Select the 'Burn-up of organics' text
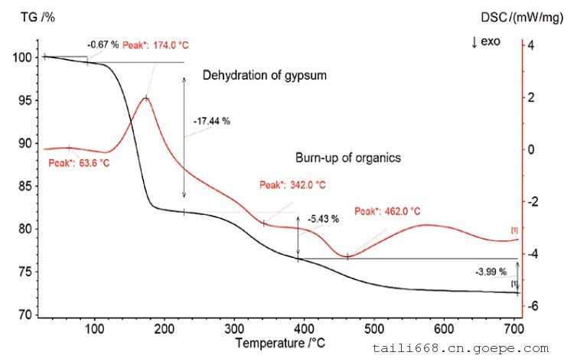(348, 158)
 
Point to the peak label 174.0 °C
(155, 46)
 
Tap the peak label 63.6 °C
(80, 162)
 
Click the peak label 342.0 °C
(292, 185)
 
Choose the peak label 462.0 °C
(387, 211)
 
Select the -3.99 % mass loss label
(490, 271)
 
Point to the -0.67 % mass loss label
(103, 45)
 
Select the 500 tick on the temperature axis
(374, 330)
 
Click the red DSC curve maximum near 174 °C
(145, 99)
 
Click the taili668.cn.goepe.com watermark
(471, 348)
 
